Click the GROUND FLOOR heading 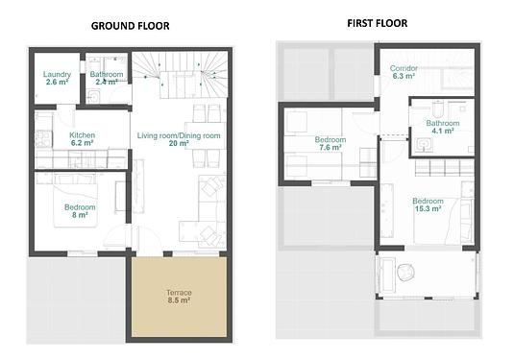point(130,26)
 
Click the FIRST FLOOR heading point(378,23)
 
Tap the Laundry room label point(57,74)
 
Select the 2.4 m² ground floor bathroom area point(107,82)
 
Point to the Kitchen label point(83,135)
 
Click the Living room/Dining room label point(179,135)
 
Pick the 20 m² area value point(179,143)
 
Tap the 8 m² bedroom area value point(80,215)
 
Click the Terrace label point(179,293)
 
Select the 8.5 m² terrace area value point(179,300)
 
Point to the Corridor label point(404,68)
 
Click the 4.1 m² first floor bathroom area point(443,131)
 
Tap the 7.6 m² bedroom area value point(330,148)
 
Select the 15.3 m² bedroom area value point(428,208)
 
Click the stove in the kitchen point(43,138)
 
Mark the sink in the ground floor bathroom point(94,97)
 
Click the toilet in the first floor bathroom point(438,109)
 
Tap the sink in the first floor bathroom point(425,145)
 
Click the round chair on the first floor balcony point(405,273)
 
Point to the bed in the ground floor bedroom point(76,200)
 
